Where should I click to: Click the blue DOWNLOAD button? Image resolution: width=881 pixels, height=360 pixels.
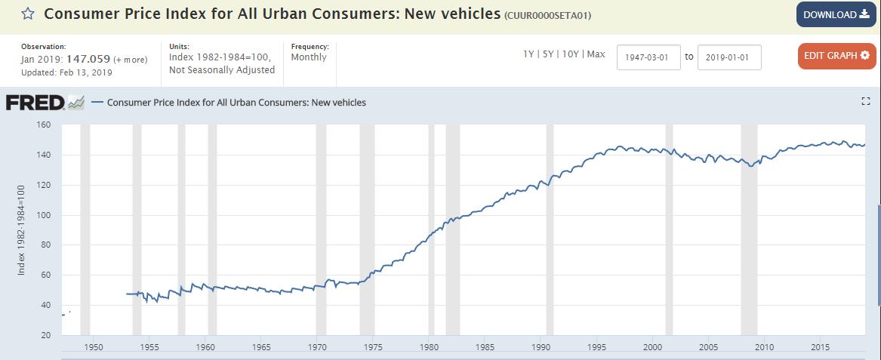click(836, 15)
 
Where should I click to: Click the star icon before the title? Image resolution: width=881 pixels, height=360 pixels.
click(27, 14)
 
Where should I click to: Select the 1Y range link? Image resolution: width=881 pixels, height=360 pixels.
click(528, 54)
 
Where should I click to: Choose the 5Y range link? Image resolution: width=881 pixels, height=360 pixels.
click(547, 54)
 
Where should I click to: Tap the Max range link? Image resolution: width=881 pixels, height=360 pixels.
click(596, 54)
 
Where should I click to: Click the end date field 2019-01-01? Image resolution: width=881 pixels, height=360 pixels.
click(729, 57)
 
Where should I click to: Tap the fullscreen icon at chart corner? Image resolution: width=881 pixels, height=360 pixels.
click(866, 102)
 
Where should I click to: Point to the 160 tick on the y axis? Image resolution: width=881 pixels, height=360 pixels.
click(43, 125)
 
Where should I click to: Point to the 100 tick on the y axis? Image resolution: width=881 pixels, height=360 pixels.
click(43, 215)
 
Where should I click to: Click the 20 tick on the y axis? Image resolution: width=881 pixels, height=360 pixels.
click(45, 335)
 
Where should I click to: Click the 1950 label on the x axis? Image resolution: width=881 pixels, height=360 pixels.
click(94, 347)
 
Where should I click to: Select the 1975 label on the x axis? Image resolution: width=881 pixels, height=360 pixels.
click(373, 347)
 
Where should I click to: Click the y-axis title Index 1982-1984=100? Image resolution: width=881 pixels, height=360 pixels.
click(22, 229)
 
